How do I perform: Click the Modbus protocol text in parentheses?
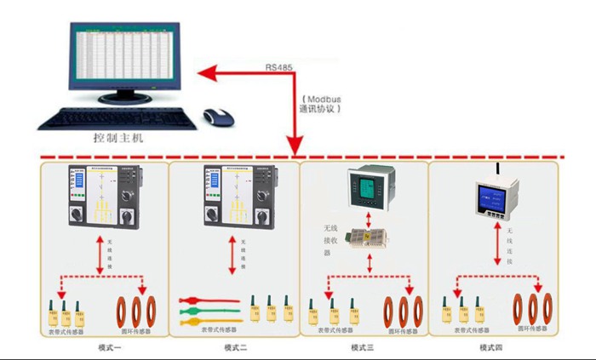(323, 104)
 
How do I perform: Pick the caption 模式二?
(236, 347)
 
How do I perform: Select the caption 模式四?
(492, 347)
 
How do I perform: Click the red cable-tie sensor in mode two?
(204, 300)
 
